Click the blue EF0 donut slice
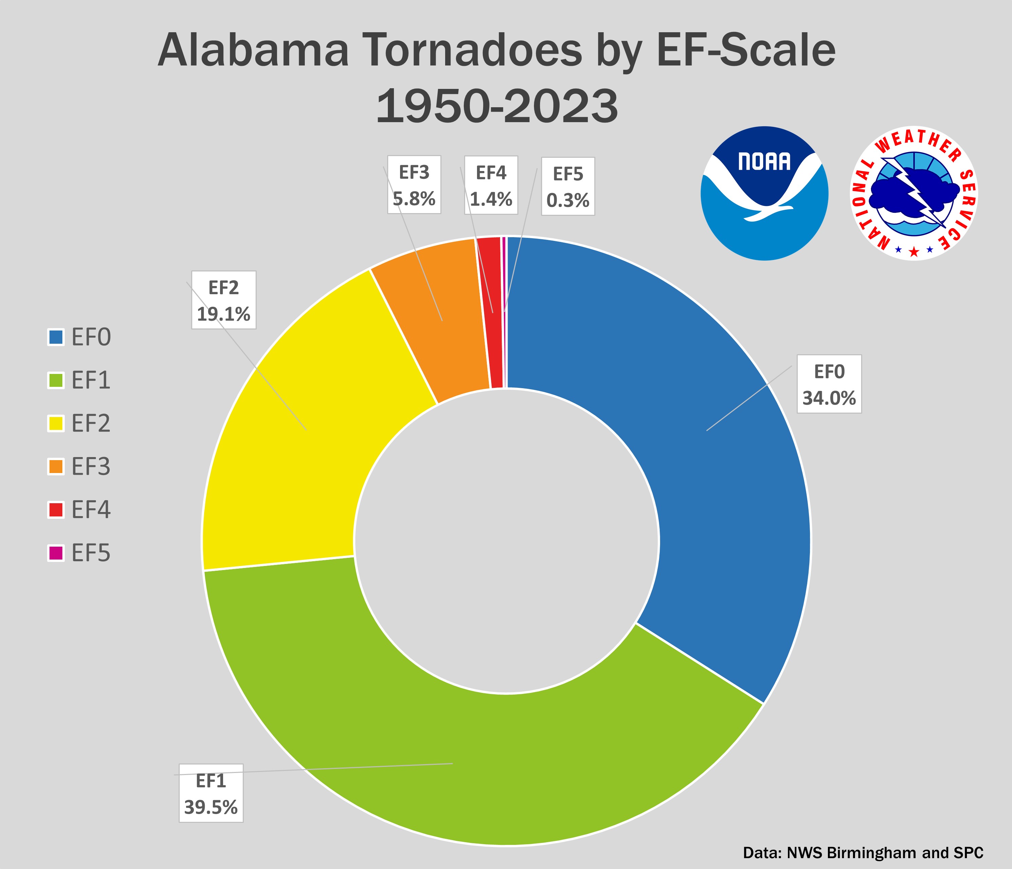point(708,440)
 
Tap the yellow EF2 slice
point(293,440)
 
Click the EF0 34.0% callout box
point(829,384)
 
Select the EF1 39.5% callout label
point(211,793)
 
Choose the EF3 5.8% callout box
point(414,185)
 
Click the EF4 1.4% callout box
point(491,185)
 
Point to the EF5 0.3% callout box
point(568,186)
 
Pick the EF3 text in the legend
point(91,467)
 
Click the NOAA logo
point(765,193)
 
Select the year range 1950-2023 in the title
point(497,107)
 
